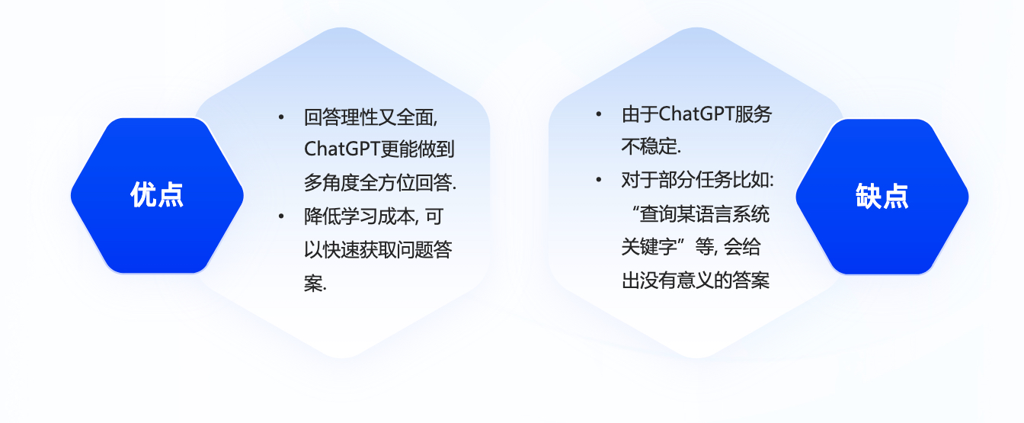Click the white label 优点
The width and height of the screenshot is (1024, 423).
coord(157,195)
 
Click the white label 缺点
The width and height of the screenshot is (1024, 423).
coord(882,196)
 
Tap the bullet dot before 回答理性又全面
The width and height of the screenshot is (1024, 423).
coord(281,117)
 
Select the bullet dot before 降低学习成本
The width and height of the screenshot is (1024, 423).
coord(281,216)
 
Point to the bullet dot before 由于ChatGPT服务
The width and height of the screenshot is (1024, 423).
coord(598,114)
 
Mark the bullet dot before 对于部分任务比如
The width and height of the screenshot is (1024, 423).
coord(598,180)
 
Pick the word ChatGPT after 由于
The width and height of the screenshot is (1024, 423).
coord(696,114)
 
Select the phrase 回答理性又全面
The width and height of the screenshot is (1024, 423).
coord(369,117)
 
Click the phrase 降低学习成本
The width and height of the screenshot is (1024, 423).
coord(360,216)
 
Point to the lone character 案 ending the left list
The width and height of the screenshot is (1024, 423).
coord(314,283)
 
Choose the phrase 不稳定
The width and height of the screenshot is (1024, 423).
coord(649,146)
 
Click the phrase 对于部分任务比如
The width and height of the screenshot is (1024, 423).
coord(696,180)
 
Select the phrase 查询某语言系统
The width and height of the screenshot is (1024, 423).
coord(705,213)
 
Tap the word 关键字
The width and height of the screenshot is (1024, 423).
coord(649,247)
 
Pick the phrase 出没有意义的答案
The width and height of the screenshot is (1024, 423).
coord(696,280)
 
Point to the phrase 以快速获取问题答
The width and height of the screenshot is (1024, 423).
coord(378,250)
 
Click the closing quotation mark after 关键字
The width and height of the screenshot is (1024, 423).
coord(683,242)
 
